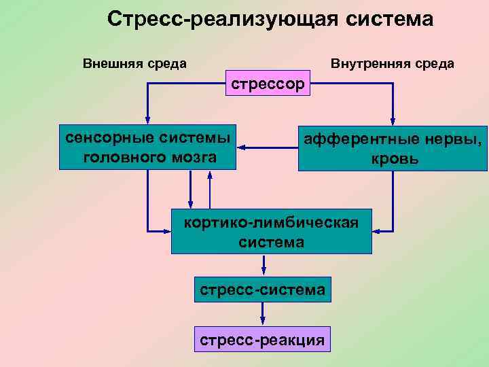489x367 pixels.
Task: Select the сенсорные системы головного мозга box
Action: click(x=148, y=146)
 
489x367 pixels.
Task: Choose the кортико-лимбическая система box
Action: click(x=271, y=231)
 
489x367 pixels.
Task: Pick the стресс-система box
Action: click(x=263, y=289)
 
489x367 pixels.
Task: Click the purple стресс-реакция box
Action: click(x=263, y=338)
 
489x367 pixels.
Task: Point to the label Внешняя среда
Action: click(x=134, y=64)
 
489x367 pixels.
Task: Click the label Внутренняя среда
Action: click(x=393, y=64)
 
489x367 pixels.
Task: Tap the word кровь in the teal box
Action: click(x=395, y=160)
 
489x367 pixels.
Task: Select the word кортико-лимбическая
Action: click(x=272, y=221)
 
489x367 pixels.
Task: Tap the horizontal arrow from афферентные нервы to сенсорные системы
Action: click(x=268, y=147)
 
